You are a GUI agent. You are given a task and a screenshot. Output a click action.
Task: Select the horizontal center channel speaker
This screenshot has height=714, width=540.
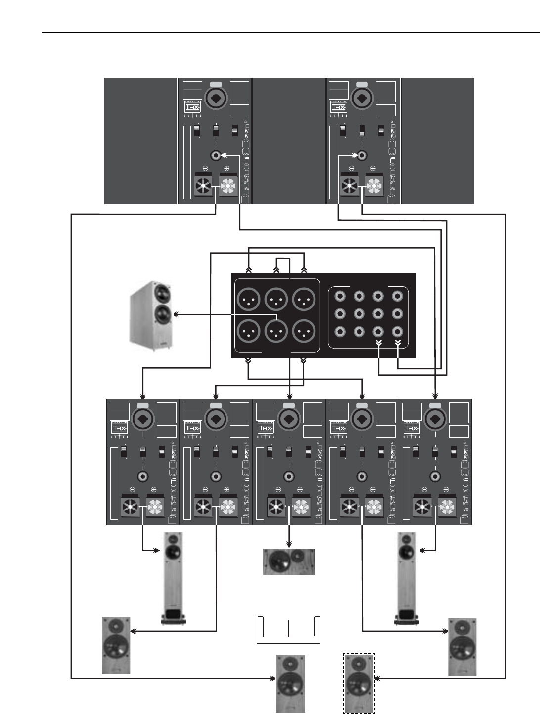coord(289,561)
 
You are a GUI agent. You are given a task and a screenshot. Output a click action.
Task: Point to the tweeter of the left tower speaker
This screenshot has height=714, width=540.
coord(173,538)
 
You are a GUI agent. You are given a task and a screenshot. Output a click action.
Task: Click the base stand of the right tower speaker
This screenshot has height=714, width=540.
coord(408,618)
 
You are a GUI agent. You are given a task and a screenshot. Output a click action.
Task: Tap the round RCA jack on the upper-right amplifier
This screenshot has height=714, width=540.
coord(362,155)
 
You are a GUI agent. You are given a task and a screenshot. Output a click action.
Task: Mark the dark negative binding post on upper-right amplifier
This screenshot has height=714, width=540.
coord(350,186)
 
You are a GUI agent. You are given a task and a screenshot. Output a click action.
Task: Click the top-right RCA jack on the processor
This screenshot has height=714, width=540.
coord(397,296)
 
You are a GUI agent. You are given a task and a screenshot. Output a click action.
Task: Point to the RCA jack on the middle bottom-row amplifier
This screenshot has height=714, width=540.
coord(289,476)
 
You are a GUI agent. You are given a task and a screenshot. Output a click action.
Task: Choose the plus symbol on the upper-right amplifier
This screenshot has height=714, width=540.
coord(373,168)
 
